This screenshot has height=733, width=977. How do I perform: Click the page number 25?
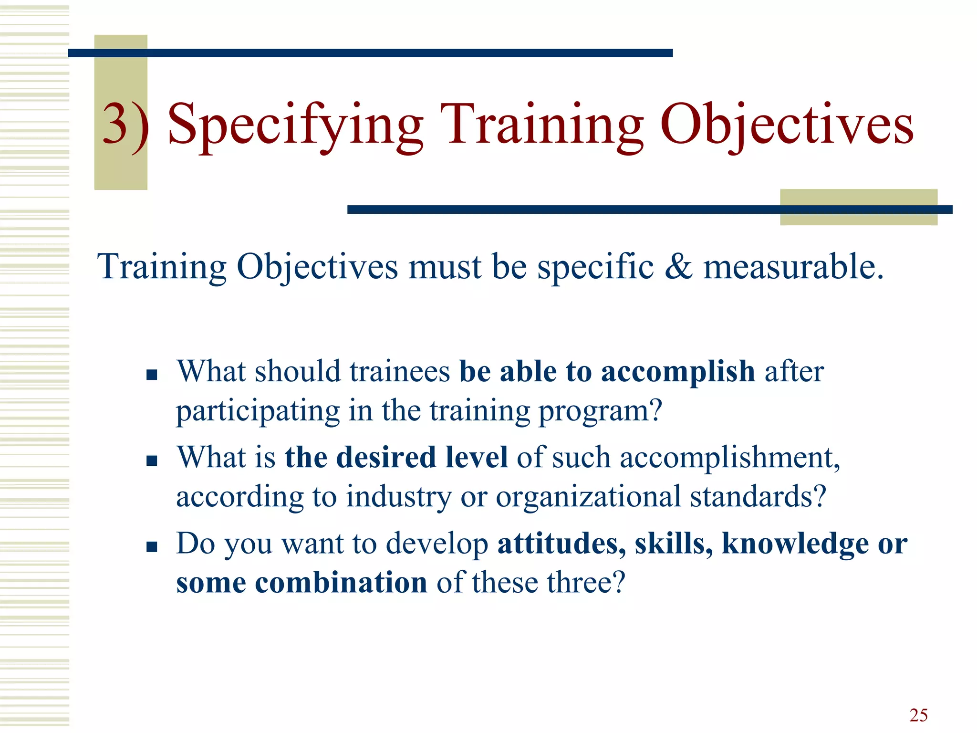click(x=918, y=715)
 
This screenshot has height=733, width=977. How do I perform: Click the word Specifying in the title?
click(x=295, y=125)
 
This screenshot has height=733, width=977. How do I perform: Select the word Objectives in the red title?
click(x=787, y=125)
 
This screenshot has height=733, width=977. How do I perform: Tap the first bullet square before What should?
click(x=152, y=375)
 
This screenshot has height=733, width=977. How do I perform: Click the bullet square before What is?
click(x=152, y=461)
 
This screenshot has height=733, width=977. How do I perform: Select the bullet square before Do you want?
click(x=152, y=546)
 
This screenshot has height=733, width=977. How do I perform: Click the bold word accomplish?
click(x=677, y=372)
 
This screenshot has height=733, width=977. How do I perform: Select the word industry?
click(x=398, y=497)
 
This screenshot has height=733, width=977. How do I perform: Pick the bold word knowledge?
click(x=795, y=544)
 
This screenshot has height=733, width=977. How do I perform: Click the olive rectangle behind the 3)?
click(x=120, y=172)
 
